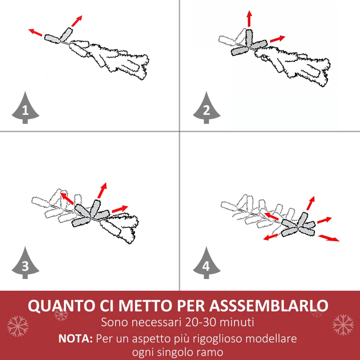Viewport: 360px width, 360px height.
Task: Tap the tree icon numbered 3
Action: (x=25, y=264)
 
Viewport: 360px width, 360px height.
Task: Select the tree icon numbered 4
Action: (x=206, y=264)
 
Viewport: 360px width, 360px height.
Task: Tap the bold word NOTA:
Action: (x=75, y=338)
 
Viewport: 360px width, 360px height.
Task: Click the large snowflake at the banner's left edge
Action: (x=18, y=326)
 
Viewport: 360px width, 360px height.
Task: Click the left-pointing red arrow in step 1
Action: (x=36, y=32)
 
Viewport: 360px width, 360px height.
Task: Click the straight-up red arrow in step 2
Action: (x=249, y=19)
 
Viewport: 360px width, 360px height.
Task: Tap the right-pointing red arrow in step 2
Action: (x=277, y=39)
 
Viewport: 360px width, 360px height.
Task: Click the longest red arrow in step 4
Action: (x=329, y=238)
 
